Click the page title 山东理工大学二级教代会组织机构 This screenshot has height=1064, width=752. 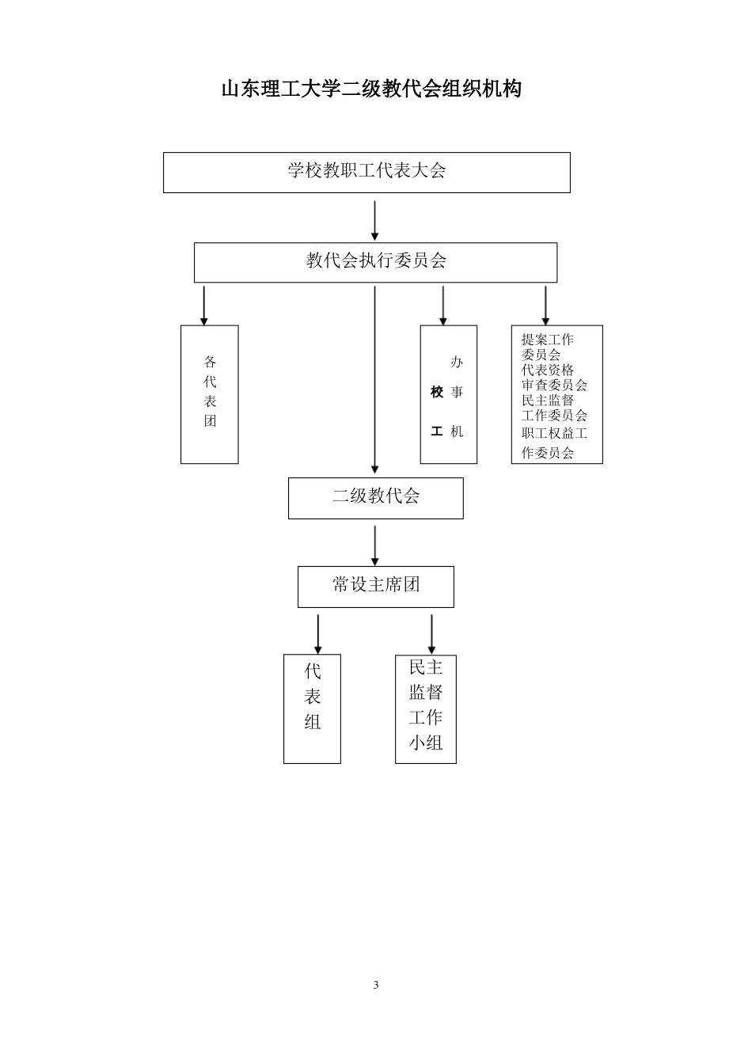[371, 89]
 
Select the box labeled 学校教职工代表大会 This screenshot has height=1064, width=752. [367, 172]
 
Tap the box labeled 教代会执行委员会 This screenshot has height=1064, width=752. [375, 262]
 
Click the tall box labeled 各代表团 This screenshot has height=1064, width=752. [210, 393]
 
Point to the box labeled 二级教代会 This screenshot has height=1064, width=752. [375, 498]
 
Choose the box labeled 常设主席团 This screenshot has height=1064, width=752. [375, 587]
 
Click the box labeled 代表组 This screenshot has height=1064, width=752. [312, 708]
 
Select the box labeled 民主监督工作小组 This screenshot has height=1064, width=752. [426, 708]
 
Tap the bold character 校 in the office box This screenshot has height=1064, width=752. [437, 393]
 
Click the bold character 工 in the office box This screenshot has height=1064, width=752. [437, 431]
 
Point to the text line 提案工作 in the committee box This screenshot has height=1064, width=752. [547, 340]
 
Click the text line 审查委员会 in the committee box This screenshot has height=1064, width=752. [554, 385]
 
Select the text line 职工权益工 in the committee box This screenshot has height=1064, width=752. [554, 433]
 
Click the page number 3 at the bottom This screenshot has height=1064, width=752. [376, 985]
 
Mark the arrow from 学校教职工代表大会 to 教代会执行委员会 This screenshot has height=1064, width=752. [374, 220]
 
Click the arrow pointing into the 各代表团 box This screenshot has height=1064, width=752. [204, 306]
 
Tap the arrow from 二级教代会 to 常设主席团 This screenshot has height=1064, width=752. [374, 545]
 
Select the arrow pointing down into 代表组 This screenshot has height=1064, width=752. [318, 633]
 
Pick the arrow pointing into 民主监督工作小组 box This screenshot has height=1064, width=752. [431, 633]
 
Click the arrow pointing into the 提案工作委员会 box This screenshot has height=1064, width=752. [545, 306]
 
